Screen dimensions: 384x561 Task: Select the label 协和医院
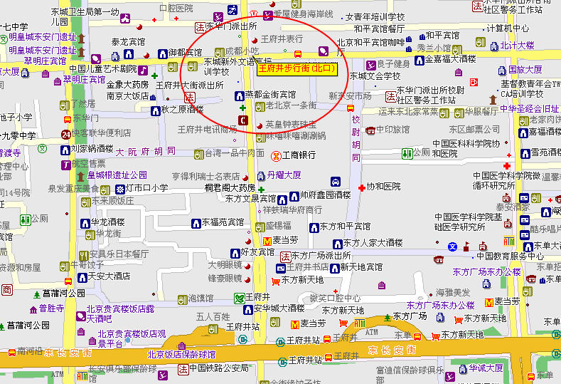[x=383, y=186]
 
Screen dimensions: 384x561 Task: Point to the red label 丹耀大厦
[x=284, y=175]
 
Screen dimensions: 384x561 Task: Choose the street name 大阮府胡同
[x=145, y=152]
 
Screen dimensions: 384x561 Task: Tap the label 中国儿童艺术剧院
[x=103, y=69]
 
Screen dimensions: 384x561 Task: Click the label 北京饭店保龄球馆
[x=181, y=354]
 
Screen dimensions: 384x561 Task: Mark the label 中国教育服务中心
[x=510, y=256]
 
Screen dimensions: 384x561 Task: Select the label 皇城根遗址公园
[x=117, y=175]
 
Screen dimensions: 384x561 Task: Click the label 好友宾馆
[x=257, y=252]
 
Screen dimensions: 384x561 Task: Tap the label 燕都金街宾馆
[x=270, y=94]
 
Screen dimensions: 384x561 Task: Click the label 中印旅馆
[x=393, y=130]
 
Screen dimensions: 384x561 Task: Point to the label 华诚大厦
[x=486, y=368]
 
